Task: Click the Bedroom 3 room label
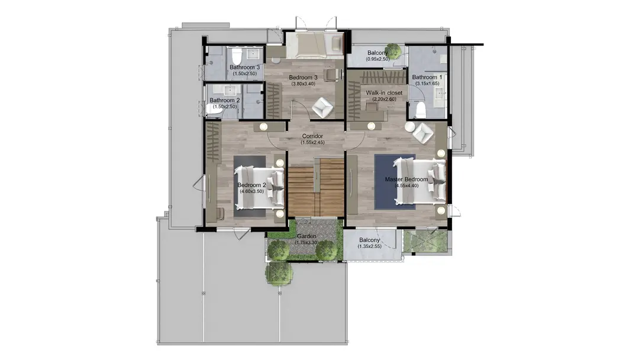coord(303,78)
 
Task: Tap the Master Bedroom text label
coord(406,179)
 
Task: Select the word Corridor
coord(312,136)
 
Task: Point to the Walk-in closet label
coord(384,93)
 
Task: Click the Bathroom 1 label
coord(427,77)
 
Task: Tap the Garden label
coord(306,236)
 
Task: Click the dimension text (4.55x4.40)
coord(406,185)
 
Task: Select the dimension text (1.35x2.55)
coord(370,247)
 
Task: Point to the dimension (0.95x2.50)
coord(377,59)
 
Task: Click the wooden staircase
coord(316,188)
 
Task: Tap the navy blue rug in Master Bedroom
coord(395,181)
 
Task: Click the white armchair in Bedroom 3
coord(323,107)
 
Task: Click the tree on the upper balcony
coord(393,52)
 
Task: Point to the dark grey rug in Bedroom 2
coord(250,186)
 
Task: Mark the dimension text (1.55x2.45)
coord(312,143)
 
